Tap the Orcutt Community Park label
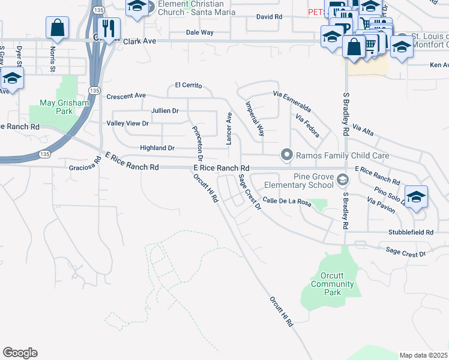click(332, 284)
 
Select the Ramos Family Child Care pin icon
click(287, 155)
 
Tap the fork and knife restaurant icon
click(109, 28)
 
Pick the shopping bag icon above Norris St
click(57, 27)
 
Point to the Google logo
click(20, 353)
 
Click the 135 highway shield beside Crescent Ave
click(94, 90)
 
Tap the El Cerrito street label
click(188, 86)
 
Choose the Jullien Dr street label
click(165, 111)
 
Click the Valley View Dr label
click(127, 123)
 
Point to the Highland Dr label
click(157, 148)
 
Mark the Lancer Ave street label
click(229, 128)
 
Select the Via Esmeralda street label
click(292, 102)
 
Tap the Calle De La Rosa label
click(286, 203)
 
